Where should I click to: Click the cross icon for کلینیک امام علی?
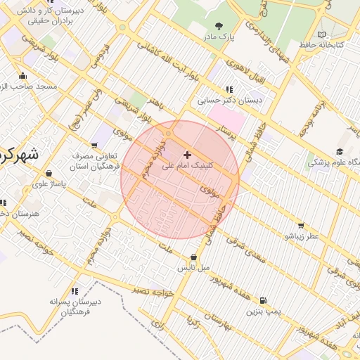pyautogui.click(x=187, y=154)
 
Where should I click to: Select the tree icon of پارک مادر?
pyautogui.click(x=224, y=25)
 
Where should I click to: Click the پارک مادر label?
pyautogui.click(x=218, y=37)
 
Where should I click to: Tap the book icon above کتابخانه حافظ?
pyautogui.click(x=322, y=34)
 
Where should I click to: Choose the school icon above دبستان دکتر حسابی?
pyautogui.click(x=229, y=89)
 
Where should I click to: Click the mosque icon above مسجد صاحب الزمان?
pyautogui.click(x=23, y=76)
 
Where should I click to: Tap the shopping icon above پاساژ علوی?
pyautogui.click(x=49, y=173)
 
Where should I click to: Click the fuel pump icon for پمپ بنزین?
pyautogui.click(x=264, y=300)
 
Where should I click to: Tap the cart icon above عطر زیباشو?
pyautogui.click(x=301, y=226)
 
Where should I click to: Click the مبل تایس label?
pyautogui.click(x=193, y=268)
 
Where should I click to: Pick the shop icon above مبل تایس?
pyautogui.click(x=193, y=257)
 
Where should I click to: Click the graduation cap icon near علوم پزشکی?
pyautogui.click(x=340, y=152)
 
